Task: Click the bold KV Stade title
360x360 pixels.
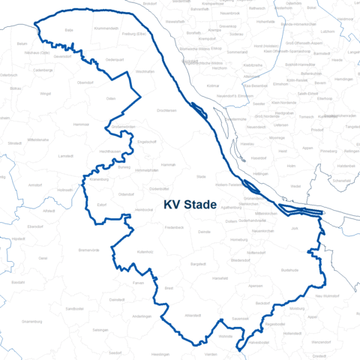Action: point(190,204)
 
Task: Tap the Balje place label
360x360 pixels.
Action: point(69,30)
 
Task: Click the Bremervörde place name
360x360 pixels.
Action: point(88,249)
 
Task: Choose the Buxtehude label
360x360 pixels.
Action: point(289,269)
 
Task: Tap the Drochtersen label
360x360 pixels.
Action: point(166,110)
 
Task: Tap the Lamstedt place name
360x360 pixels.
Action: point(65,154)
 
